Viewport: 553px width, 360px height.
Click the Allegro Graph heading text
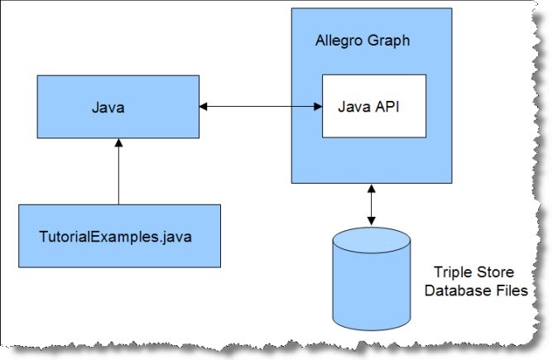click(x=363, y=40)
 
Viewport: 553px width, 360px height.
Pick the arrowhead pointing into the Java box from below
click(x=118, y=144)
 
